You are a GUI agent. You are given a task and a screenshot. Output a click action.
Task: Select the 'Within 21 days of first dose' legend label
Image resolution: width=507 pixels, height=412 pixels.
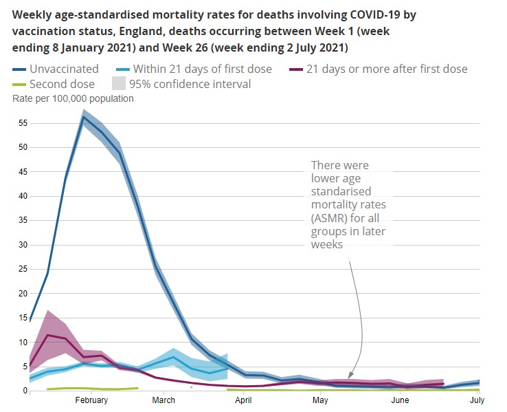click(203, 69)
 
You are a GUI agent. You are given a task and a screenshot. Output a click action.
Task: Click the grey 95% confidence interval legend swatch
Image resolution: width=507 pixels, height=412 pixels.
click(118, 84)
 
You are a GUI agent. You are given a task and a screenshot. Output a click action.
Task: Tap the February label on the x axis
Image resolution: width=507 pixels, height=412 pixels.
click(91, 400)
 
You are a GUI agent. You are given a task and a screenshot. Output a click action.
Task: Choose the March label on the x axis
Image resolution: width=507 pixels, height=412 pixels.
click(164, 400)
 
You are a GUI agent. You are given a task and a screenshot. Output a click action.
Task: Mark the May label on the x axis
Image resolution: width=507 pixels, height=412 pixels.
click(320, 400)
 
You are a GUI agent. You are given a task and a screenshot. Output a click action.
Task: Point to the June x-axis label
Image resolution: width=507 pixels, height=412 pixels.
click(399, 400)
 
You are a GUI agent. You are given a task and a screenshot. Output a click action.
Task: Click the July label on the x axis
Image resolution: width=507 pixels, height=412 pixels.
click(477, 400)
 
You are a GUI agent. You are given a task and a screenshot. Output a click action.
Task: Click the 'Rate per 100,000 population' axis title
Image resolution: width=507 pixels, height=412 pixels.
click(73, 98)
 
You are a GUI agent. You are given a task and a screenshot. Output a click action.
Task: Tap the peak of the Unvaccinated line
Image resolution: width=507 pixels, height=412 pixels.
click(84, 117)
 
